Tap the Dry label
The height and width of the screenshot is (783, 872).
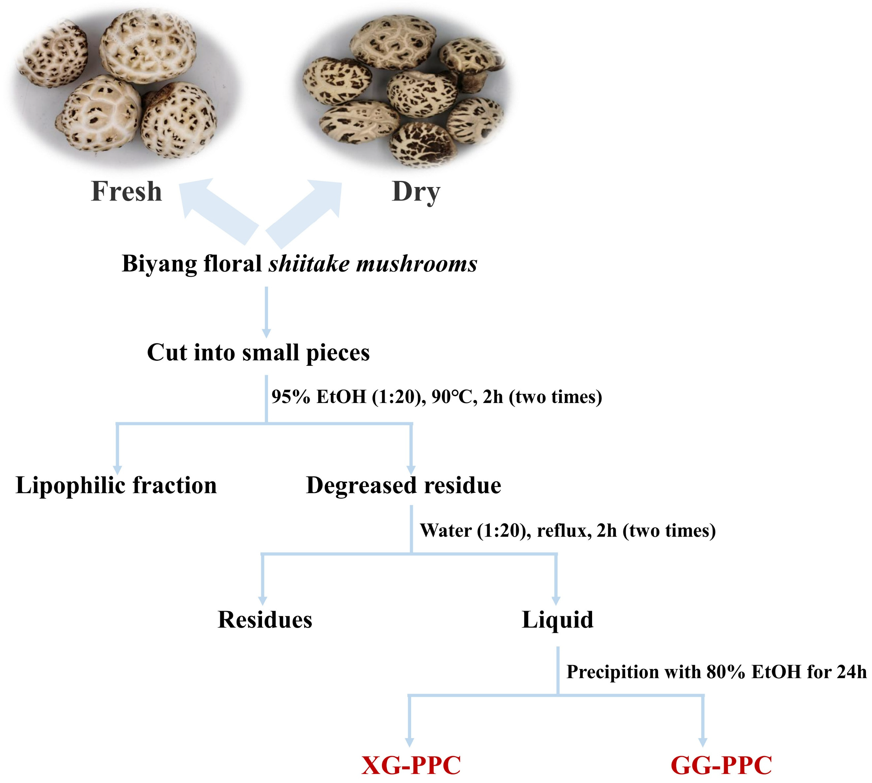(x=416, y=192)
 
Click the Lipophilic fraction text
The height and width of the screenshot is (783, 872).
(x=116, y=486)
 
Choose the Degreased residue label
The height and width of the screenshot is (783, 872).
(x=403, y=486)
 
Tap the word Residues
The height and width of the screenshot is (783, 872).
(x=265, y=620)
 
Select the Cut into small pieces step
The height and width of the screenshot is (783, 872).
(x=258, y=353)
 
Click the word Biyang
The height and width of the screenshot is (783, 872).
(x=159, y=264)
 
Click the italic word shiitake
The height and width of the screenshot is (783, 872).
(x=309, y=263)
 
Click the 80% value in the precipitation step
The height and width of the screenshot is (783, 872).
(x=725, y=672)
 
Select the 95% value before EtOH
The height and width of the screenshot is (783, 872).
(x=291, y=397)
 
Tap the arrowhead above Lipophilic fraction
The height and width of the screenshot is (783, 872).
(x=117, y=470)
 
